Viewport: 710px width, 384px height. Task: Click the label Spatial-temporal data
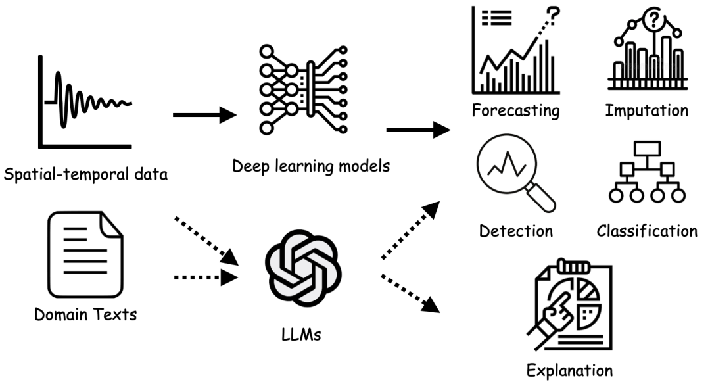(x=86, y=175)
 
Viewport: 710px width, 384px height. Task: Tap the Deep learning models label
(x=311, y=165)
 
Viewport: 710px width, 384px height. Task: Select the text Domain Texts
(x=86, y=314)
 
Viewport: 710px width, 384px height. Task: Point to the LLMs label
(x=302, y=335)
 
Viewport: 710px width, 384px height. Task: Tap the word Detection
(x=515, y=231)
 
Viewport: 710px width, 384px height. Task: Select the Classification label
(x=647, y=231)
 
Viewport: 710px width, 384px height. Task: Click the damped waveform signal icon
(x=92, y=102)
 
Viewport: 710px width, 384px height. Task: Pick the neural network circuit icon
(x=304, y=89)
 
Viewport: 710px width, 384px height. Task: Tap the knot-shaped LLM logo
(x=302, y=270)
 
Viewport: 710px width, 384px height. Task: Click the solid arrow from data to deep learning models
(x=204, y=116)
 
